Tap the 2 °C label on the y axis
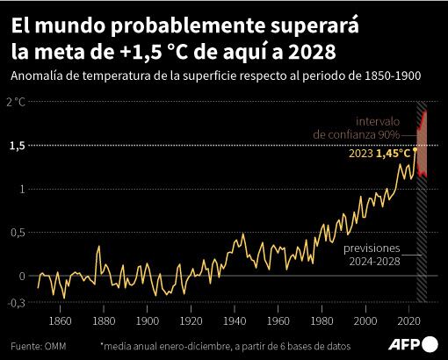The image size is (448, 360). point(15,103)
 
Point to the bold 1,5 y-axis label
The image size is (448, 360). point(16,146)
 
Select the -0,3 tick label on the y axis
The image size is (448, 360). point(15,302)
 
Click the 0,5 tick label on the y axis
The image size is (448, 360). point(16,233)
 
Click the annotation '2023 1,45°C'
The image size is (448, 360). point(379,153)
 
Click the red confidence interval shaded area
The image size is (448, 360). point(423,145)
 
